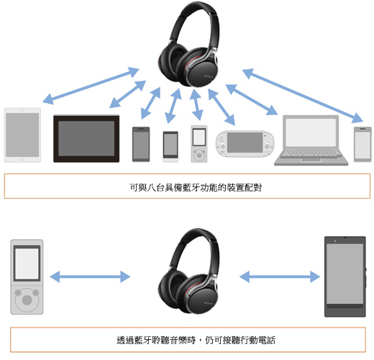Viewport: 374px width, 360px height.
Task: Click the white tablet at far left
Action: [22, 135]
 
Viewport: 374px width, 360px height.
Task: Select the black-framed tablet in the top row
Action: [86, 139]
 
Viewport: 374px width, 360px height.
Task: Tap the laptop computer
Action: [311, 140]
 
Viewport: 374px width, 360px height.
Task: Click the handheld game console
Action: [245, 143]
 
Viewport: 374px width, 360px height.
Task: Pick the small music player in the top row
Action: [199, 144]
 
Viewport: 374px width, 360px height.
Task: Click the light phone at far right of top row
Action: [362, 145]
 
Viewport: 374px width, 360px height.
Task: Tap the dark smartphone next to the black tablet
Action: [141, 144]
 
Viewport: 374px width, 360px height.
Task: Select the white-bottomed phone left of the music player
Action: [170, 147]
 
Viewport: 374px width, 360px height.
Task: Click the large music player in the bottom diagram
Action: [27, 276]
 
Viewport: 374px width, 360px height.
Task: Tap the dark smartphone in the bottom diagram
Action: [345, 276]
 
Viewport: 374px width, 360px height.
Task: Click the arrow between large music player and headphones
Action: [90, 276]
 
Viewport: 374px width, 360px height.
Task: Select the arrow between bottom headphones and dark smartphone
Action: [280, 276]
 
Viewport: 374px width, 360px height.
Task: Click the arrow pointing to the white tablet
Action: [91, 86]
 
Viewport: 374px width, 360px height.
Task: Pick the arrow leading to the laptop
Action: [252, 99]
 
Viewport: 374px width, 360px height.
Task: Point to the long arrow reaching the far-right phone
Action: [303, 96]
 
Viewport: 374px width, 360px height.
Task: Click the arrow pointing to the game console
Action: [222, 107]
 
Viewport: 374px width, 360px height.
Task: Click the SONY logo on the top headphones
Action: [209, 76]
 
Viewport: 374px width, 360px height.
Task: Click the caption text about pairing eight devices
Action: [196, 187]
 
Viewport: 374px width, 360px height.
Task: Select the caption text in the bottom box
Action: [196, 340]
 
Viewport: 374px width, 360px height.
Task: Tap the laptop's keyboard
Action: [311, 153]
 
